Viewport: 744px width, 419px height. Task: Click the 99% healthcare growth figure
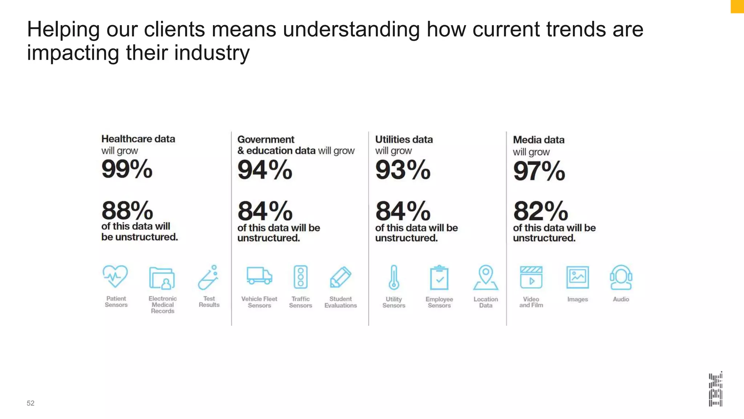coord(127,169)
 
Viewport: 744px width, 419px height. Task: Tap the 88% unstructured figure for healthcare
coord(127,211)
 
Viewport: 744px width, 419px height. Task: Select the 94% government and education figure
coord(265,170)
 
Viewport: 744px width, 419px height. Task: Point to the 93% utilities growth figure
coord(403,170)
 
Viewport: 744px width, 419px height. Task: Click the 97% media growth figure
coord(539,171)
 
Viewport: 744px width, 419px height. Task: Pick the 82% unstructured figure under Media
coord(540,211)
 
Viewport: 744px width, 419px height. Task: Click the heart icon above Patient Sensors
coord(115,276)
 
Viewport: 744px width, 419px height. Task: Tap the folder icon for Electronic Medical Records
coord(162,278)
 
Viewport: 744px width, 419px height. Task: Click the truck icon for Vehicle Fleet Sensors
coord(259,276)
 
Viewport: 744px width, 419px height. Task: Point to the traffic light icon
coord(300,277)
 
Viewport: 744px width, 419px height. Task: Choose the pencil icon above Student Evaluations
coord(340,277)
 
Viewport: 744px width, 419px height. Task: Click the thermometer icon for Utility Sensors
coord(394,278)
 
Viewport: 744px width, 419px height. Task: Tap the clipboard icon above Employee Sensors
coord(439,278)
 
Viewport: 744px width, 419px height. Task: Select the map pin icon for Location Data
coord(486,278)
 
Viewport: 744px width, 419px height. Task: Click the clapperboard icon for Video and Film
coord(531,278)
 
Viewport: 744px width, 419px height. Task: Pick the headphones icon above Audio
coord(621,278)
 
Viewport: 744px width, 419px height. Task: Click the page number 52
coord(31,403)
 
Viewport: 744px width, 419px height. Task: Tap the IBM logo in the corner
coord(715,389)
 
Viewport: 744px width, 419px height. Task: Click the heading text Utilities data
coord(404,140)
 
